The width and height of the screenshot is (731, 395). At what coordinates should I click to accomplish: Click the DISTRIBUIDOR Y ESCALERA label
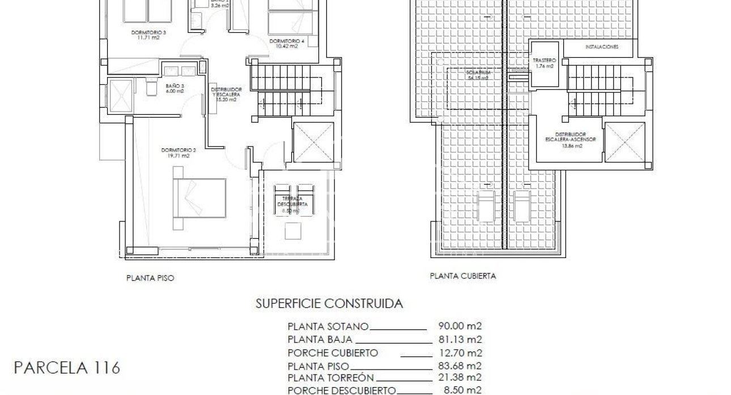point(227,93)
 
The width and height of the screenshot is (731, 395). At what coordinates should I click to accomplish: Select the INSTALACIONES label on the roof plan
point(602,47)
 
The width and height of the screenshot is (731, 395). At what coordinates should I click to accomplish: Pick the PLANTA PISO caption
point(150,278)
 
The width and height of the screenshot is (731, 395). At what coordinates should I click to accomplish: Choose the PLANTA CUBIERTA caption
point(463,277)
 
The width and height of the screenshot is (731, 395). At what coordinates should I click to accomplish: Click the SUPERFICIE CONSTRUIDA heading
point(330,304)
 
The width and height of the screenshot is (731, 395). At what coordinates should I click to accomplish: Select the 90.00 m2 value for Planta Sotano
point(460,326)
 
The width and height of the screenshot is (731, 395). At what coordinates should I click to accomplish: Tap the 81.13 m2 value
point(460,340)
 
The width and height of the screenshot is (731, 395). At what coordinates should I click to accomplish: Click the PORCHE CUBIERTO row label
point(333,353)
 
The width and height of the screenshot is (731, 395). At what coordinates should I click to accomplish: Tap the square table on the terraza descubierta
point(294,231)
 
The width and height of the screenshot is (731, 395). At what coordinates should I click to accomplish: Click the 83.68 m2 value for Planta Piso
point(460,366)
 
